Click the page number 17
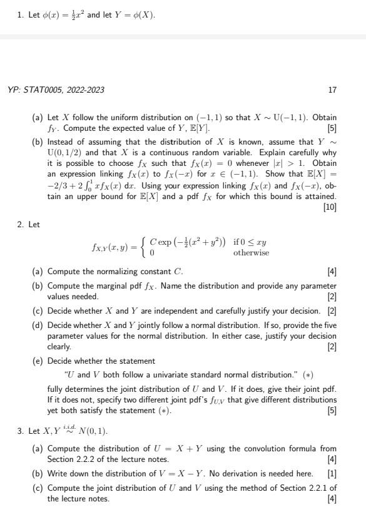click(x=332, y=90)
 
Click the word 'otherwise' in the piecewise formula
click(x=252, y=253)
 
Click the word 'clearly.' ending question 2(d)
click(x=60, y=346)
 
